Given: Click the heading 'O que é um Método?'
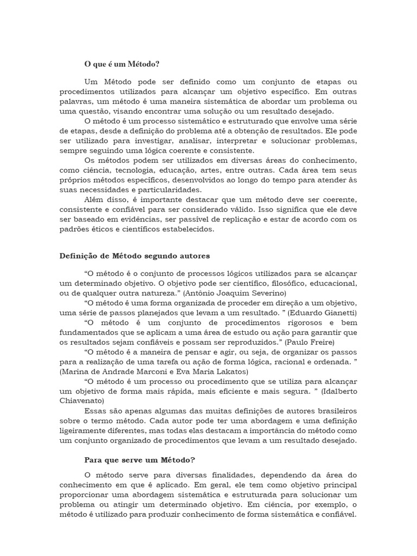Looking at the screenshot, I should tap(122, 64).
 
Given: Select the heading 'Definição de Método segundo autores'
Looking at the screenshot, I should tap(134, 255).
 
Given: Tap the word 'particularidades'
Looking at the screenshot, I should tap(169, 189).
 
